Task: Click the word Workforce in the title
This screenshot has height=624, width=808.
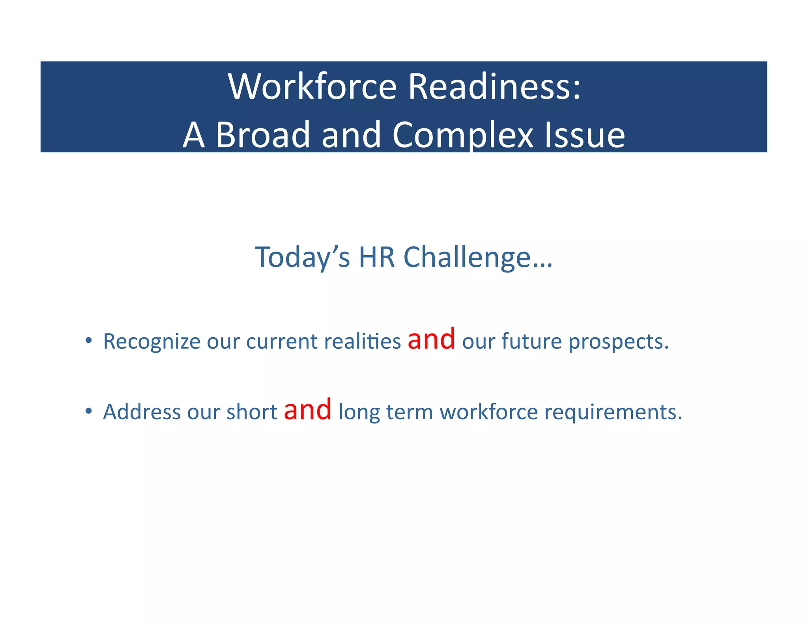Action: pyautogui.click(x=312, y=86)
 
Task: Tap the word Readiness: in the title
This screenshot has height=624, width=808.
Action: pyautogui.click(x=494, y=86)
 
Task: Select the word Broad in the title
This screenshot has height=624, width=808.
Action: pyautogui.click(x=262, y=135)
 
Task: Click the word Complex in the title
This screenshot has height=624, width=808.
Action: pyautogui.click(x=463, y=135)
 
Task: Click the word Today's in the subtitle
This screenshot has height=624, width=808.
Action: pyautogui.click(x=302, y=258)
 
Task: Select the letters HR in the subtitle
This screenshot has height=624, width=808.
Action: pyautogui.click(x=376, y=258)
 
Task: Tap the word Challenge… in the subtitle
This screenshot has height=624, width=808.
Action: pyautogui.click(x=478, y=258)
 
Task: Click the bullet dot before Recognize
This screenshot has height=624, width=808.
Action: pyautogui.click(x=89, y=340)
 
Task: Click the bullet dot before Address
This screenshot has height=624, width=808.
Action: pyautogui.click(x=89, y=411)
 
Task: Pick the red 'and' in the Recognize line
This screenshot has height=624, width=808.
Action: pyautogui.click(x=431, y=339)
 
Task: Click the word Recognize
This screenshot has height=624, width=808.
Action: pyautogui.click(x=151, y=342)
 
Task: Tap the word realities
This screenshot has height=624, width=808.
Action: pyautogui.click(x=362, y=341)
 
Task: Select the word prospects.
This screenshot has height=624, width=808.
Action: pyautogui.click(x=618, y=342)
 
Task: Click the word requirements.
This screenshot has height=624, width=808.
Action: pyautogui.click(x=613, y=413)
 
